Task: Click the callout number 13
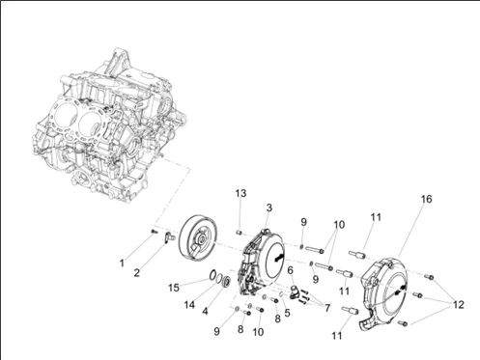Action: pos(240,193)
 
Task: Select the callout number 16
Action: pos(426,199)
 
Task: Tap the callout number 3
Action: pos(268,208)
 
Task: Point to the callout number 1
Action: pos(122,263)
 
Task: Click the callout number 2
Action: pos(137,273)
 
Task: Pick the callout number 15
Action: pos(174,288)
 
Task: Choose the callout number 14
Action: pos(189,304)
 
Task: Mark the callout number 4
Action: pos(205,312)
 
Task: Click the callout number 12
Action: pos(459,304)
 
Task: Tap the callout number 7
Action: pos(327,308)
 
